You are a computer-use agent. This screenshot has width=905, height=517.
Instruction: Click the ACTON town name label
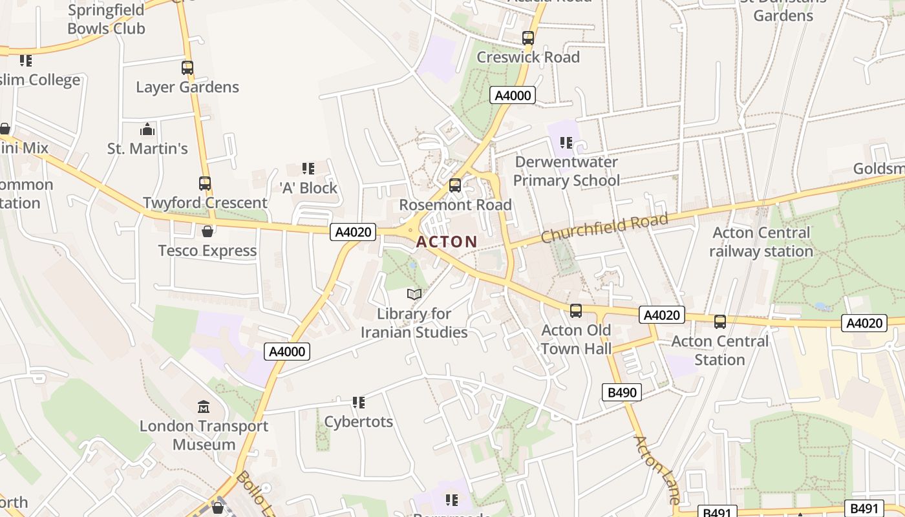(447, 242)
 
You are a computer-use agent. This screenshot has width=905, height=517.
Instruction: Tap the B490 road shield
(621, 392)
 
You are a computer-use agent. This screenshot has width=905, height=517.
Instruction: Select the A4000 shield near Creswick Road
(513, 96)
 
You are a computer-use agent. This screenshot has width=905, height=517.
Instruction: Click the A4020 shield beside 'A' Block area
(353, 232)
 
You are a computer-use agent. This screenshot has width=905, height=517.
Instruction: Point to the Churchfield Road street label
(604, 229)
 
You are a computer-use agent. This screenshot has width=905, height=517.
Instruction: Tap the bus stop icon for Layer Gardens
(187, 67)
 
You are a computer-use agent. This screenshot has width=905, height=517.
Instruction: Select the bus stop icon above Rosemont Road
(455, 185)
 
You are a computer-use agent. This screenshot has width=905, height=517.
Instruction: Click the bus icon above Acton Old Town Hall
(576, 311)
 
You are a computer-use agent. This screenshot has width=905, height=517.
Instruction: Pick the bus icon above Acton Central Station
(720, 322)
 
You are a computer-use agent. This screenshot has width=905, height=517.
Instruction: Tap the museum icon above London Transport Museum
(204, 406)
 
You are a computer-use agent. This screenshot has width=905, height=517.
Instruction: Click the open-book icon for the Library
(414, 295)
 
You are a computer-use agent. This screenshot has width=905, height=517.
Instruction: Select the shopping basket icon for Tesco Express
(208, 231)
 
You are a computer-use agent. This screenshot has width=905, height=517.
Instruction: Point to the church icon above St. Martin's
(147, 130)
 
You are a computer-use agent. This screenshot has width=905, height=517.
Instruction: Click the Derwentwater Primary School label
(566, 171)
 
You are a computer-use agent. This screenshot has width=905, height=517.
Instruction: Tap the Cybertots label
(358, 422)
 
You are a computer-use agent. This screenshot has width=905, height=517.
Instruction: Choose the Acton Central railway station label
(761, 242)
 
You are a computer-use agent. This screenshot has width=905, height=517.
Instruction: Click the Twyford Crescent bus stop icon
(205, 184)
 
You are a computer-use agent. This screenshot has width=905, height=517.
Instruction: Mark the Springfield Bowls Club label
(106, 19)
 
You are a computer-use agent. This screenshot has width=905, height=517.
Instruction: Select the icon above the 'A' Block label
(308, 169)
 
